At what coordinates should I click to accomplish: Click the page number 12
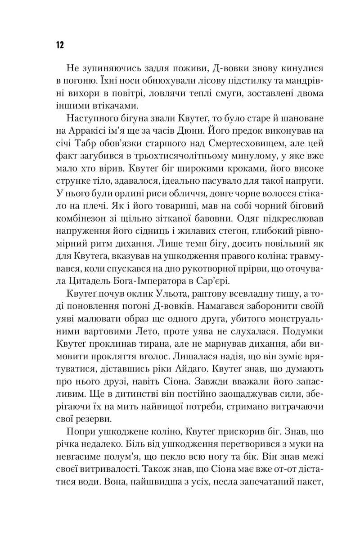tap(59, 45)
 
